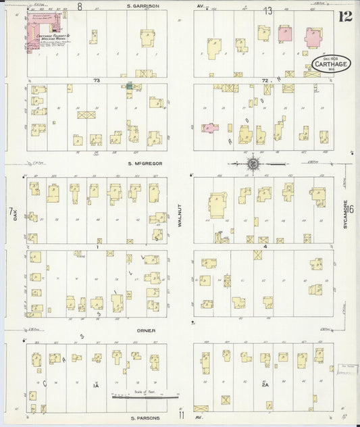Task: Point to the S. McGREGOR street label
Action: [143, 163]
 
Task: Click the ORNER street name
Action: [146, 330]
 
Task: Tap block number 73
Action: [97, 80]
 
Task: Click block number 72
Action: [265, 80]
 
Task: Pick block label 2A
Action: [265, 385]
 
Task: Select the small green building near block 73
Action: [129, 86]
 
